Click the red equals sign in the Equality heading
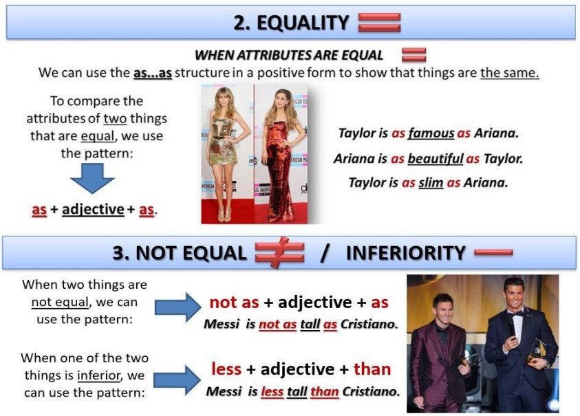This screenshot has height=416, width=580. point(379,22)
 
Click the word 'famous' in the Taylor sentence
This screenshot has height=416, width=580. point(431,133)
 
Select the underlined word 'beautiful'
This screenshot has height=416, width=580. point(435,159)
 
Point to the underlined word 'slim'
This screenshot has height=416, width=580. point(431,183)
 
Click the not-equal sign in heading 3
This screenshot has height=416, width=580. point(279,253)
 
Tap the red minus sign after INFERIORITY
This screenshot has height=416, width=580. point(493,252)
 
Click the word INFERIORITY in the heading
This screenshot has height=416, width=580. point(406,253)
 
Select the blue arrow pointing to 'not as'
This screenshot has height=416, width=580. point(178,306)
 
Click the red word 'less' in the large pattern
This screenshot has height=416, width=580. point(226,370)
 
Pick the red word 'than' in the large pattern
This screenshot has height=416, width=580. point(372,370)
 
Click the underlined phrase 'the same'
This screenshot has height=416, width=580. point(509,72)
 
